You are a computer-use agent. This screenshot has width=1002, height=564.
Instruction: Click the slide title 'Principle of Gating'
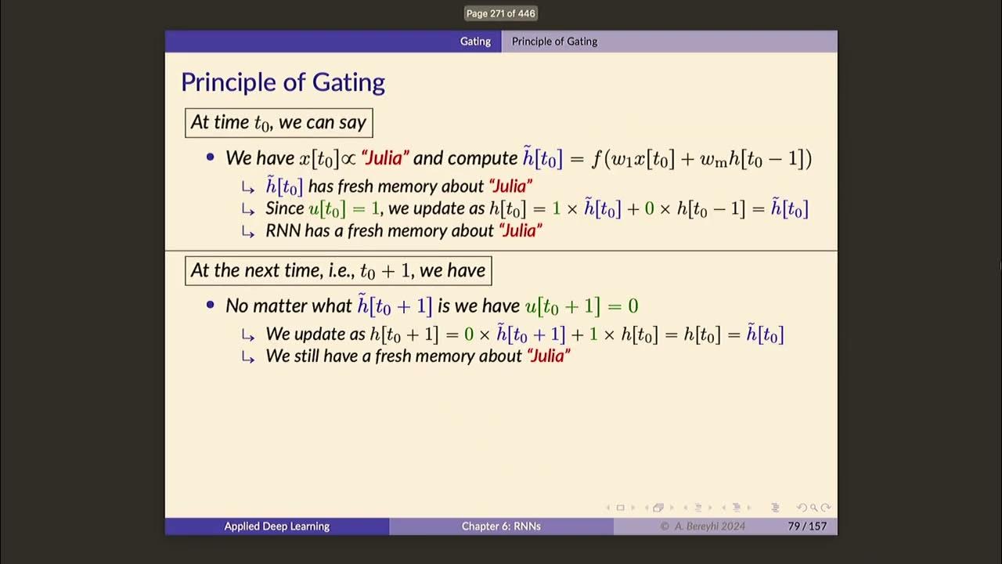coord(283,82)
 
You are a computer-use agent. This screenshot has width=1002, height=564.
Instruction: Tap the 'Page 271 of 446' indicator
coord(501,13)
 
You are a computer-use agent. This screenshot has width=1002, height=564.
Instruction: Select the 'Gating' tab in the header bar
coord(475,42)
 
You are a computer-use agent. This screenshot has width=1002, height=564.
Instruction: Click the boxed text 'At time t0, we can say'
coord(279,123)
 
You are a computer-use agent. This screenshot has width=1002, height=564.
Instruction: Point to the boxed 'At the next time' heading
coord(338,271)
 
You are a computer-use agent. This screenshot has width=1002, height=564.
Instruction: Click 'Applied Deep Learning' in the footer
coord(276,526)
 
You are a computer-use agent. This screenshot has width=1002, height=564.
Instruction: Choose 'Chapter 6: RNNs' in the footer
coord(501,526)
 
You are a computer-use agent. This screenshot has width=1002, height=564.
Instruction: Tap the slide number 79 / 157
coord(807,526)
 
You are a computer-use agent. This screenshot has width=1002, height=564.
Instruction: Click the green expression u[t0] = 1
coord(344,208)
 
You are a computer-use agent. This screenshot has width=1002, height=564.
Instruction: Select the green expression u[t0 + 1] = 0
coord(582,305)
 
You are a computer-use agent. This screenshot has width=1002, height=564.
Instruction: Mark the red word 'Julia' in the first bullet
coord(384,158)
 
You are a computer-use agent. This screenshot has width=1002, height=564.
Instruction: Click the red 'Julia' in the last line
coord(549,356)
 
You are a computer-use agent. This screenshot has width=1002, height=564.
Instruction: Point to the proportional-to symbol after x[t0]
coord(348,159)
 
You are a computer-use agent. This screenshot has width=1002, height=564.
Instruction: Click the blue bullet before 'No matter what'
coord(210,305)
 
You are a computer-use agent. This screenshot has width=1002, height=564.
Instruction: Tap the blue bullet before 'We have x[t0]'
coord(210,157)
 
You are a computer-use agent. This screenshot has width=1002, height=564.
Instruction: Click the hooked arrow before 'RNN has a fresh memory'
coord(248,231)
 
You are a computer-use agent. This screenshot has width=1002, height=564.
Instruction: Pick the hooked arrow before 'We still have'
coord(248,356)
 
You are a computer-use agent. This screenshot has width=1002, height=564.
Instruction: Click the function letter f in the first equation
coord(597,159)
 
